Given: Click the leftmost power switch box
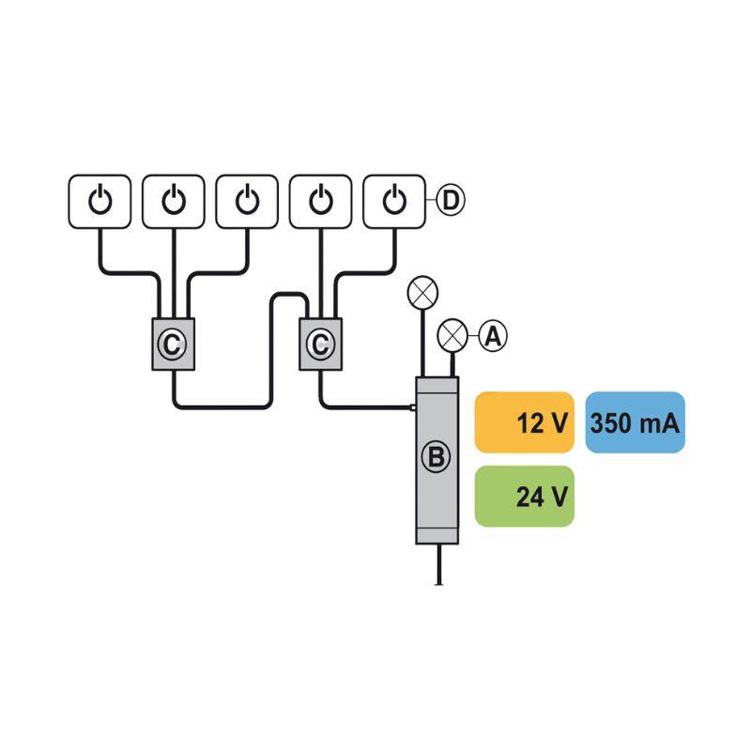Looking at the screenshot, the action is (x=100, y=201).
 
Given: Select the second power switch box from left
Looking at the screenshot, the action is (x=174, y=201).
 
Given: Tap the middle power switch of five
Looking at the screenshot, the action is (x=247, y=201).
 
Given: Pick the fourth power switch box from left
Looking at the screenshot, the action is (x=321, y=201).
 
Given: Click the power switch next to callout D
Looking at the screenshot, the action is (x=394, y=201).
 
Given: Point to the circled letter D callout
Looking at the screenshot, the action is (x=451, y=200).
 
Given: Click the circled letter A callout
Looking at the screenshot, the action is (x=493, y=335).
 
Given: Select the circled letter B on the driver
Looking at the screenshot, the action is (x=437, y=456).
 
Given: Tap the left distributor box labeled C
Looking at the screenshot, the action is (x=174, y=344).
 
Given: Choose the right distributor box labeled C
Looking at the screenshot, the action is (x=320, y=344).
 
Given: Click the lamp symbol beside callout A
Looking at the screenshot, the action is (x=452, y=335).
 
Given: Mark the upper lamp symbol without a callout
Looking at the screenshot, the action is (x=422, y=292).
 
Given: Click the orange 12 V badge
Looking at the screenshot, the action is (x=525, y=422).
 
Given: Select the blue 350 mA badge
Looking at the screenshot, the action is (x=636, y=422).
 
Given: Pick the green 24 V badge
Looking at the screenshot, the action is (x=525, y=497).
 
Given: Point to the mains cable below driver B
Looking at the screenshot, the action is (x=438, y=565).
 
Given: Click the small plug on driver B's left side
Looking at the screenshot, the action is (x=412, y=407).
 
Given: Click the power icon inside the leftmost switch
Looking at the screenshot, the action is (x=100, y=200).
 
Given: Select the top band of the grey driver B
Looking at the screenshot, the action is (x=437, y=385).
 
